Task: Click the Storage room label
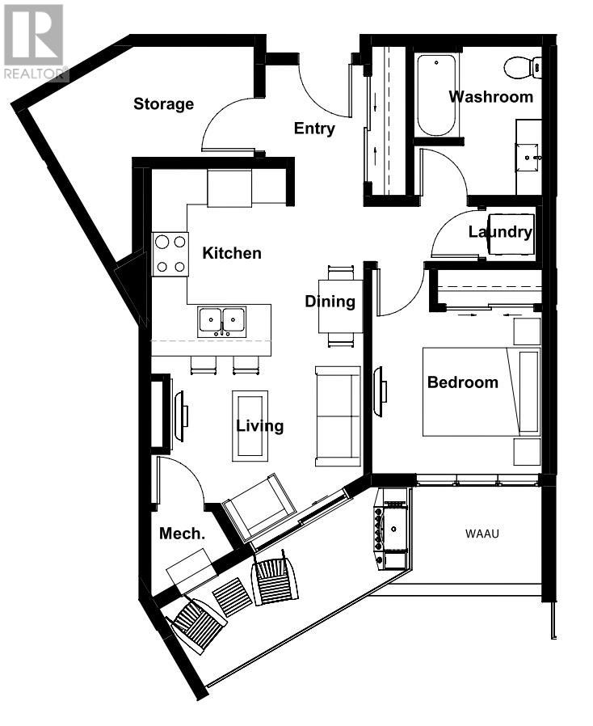(x=163, y=104)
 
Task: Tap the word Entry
(x=314, y=129)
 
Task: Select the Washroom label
(x=490, y=97)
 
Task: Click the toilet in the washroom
(x=522, y=68)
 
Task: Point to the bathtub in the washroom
(x=436, y=95)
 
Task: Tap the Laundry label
(x=500, y=231)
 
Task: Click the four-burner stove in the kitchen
(x=170, y=254)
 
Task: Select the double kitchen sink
(x=222, y=321)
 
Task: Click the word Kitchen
(x=232, y=253)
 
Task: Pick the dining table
(x=340, y=306)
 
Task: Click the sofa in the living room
(x=339, y=416)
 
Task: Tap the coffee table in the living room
(x=250, y=426)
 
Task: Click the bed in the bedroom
(x=482, y=392)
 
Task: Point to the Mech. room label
(x=182, y=534)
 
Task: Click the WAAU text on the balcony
(x=482, y=534)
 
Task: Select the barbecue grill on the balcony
(x=391, y=528)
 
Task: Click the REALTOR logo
(x=34, y=42)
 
